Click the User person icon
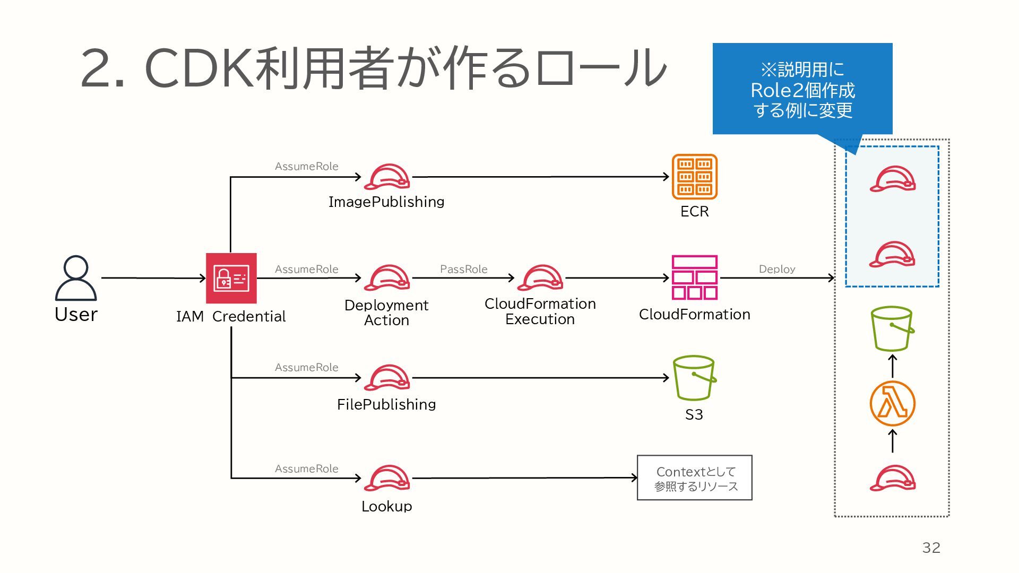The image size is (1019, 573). pyautogui.click(x=76, y=278)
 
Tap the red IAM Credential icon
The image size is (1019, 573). pyautogui.click(x=231, y=278)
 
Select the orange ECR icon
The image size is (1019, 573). pyautogui.click(x=694, y=177)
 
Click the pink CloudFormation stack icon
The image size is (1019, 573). pyautogui.click(x=694, y=277)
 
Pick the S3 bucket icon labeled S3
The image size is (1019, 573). pyautogui.click(x=694, y=378)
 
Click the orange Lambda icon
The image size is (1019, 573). pyautogui.click(x=892, y=404)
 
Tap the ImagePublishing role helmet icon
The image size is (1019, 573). pyautogui.click(x=387, y=177)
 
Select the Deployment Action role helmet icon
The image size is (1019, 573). pyautogui.click(x=387, y=277)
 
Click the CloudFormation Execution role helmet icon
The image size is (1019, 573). pyautogui.click(x=540, y=277)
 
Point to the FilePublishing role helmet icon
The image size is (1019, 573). pyautogui.click(x=387, y=378)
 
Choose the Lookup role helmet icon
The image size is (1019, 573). pyautogui.click(x=387, y=478)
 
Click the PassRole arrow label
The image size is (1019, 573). pyautogui.click(x=463, y=269)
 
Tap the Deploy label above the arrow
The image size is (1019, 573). pyautogui.click(x=776, y=269)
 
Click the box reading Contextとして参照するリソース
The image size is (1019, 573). pyautogui.click(x=694, y=477)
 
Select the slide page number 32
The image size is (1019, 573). pyautogui.click(x=931, y=548)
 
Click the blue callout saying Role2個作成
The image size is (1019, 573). pyautogui.click(x=802, y=89)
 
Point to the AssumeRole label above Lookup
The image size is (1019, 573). pyautogui.click(x=306, y=468)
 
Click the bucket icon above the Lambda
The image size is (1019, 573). pyautogui.click(x=892, y=328)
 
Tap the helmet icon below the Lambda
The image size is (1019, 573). pyautogui.click(x=892, y=478)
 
